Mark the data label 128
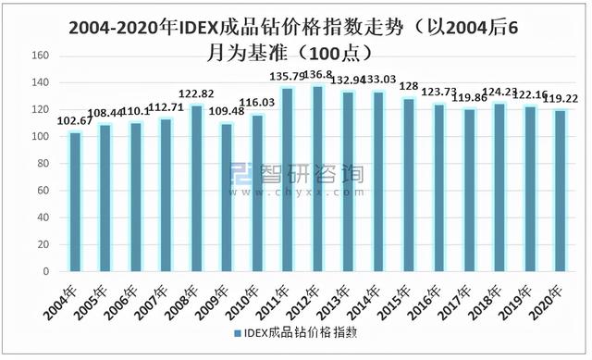[x=409, y=87]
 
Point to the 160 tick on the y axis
[x=41, y=56]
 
